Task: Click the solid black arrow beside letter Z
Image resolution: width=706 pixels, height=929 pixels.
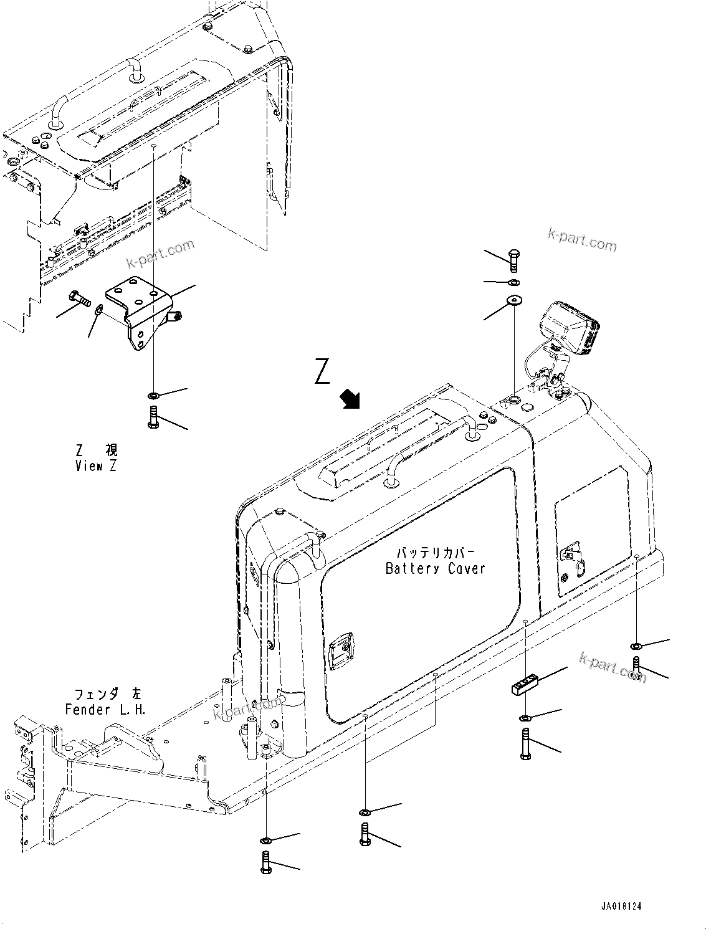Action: (x=350, y=399)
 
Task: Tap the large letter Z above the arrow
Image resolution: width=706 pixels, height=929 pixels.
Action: (x=322, y=371)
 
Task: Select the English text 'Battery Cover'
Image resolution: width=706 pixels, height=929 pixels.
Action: (x=434, y=568)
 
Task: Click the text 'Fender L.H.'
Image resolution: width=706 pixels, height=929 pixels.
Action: (x=105, y=709)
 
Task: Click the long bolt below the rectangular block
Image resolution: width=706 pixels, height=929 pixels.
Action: (x=525, y=744)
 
